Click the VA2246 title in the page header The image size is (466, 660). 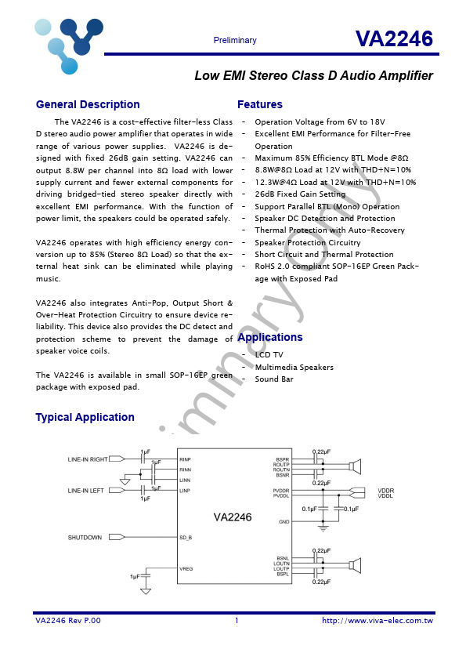tap(393, 39)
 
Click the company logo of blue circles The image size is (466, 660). tap(69, 44)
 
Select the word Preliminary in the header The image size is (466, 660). tap(235, 41)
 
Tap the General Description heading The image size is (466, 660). tap(88, 105)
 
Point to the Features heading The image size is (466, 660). tap(260, 105)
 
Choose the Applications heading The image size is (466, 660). tap(269, 338)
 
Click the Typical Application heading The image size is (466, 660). tap(85, 418)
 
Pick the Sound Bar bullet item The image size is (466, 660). tap(274, 379)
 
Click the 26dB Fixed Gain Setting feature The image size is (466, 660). tap(300, 194)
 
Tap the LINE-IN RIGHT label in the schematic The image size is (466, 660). tap(88, 459)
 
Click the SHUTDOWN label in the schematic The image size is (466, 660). tap(85, 537)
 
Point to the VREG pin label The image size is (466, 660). tap(186, 568)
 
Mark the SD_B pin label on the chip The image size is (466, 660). tap(186, 537)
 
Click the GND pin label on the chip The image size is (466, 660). tap(284, 521)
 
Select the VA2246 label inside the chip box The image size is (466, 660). tap(233, 517)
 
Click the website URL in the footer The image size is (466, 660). tap(377, 621)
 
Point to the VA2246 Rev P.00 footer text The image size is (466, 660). tap(68, 621)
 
